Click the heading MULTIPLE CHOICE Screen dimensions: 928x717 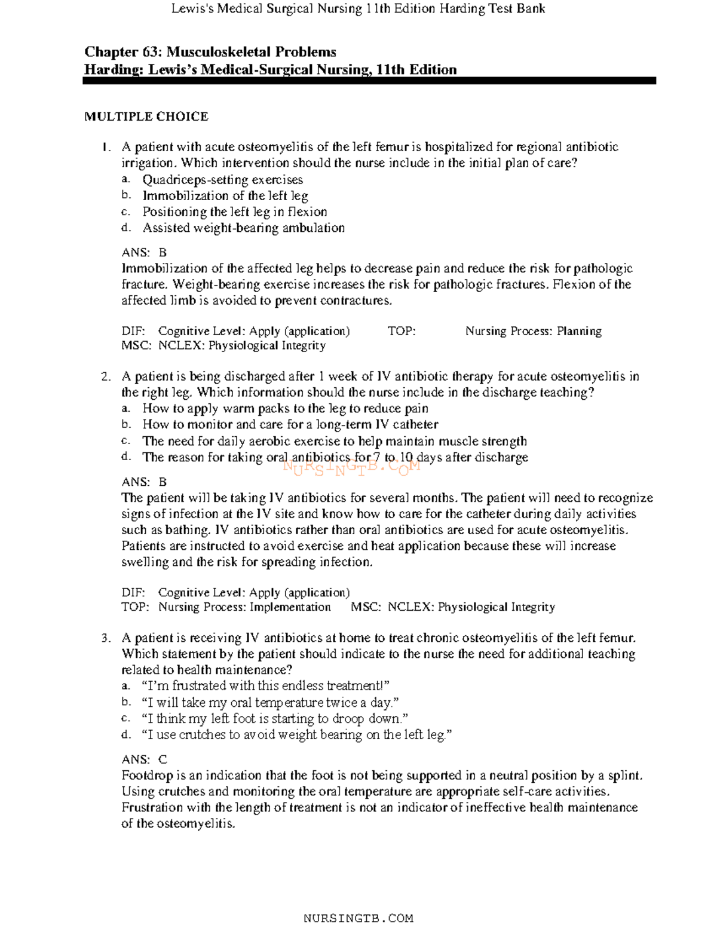146,117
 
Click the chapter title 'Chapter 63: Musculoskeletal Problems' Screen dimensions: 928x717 210,52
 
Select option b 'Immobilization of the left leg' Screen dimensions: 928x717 225,196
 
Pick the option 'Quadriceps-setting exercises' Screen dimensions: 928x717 222,180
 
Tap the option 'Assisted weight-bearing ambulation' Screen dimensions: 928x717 243,228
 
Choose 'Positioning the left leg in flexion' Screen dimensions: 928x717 234,212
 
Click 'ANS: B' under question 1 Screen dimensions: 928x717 144,253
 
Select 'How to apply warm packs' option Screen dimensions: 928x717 285,409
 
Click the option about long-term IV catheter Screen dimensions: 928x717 290,425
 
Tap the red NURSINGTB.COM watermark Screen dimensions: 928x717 352,467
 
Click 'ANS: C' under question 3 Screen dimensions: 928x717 144,759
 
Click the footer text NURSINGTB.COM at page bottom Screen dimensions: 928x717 358,918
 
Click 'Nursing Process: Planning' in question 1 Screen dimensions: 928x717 533,331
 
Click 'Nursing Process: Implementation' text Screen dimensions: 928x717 244,607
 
